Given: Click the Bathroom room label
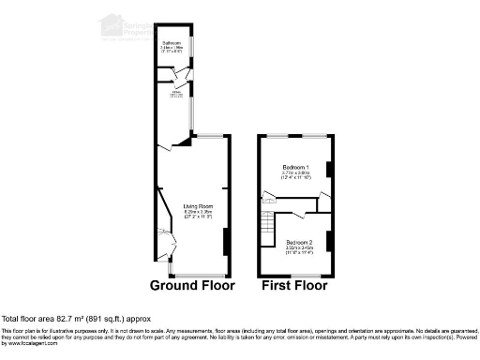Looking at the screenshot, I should [x=172, y=43].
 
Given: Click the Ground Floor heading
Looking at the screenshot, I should [x=193, y=285].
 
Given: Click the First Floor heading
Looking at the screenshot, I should [x=294, y=285].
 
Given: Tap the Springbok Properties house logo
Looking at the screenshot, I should [x=111, y=24].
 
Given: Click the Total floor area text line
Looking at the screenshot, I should [x=76, y=319].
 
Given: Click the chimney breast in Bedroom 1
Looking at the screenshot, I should [x=328, y=170].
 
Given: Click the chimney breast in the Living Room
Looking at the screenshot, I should [x=225, y=242].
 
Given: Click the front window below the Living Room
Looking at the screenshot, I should [x=196, y=276].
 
